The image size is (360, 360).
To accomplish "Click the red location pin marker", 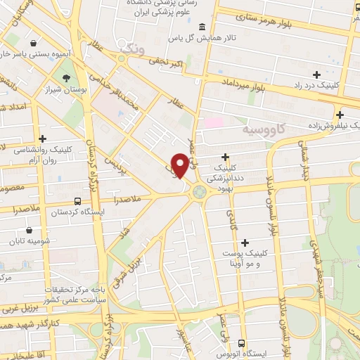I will [181, 165].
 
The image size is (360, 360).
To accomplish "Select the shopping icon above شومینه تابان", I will [29, 229].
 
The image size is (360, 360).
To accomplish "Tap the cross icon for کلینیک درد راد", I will [316, 74].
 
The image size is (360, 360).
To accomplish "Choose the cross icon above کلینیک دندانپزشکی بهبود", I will [225, 156].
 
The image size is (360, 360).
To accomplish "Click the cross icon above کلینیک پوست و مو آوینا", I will [245, 243].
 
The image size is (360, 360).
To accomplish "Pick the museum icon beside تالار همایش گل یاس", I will [202, 27].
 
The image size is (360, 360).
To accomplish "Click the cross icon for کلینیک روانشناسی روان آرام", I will [43, 139].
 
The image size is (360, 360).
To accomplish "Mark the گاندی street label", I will [231, 224].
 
